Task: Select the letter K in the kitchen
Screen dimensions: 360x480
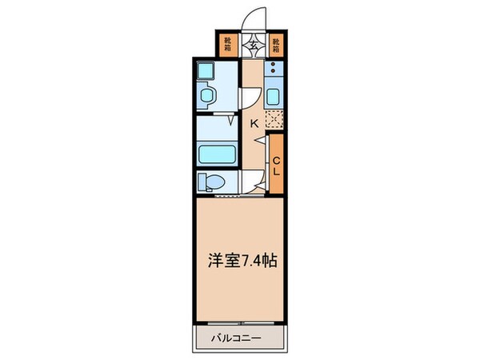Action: click(254, 123)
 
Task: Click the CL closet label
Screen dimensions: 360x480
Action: click(276, 167)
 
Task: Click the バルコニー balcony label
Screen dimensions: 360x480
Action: click(238, 338)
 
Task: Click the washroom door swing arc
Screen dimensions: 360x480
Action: click(249, 98)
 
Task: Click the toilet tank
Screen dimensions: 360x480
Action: click(202, 181)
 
